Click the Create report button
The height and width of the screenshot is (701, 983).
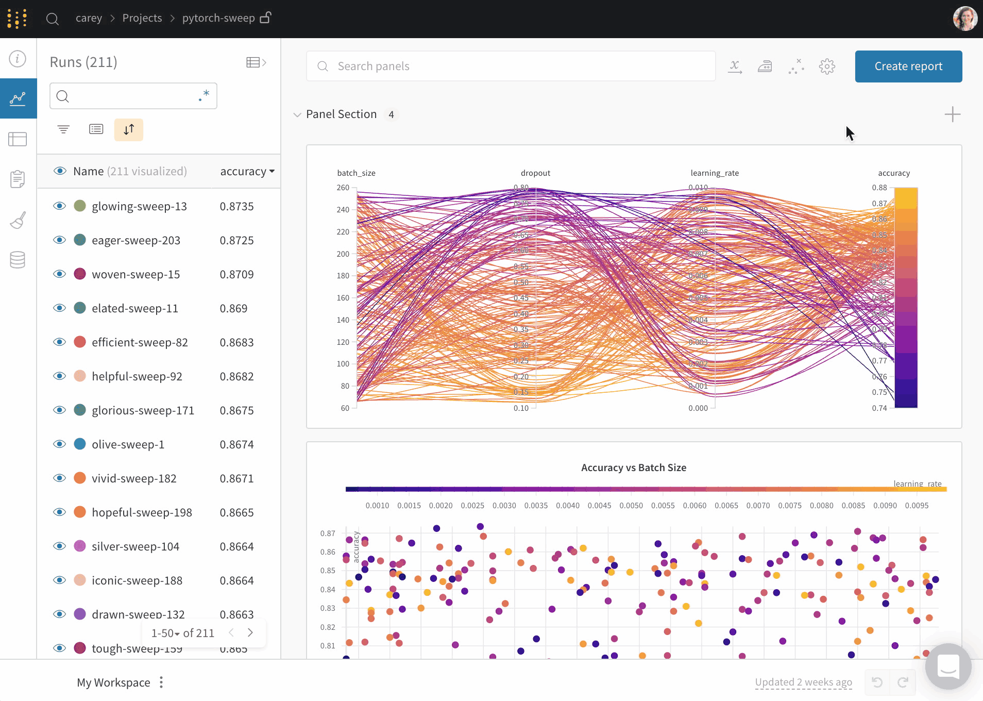pos(908,66)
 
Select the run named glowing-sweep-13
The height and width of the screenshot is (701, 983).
pos(139,207)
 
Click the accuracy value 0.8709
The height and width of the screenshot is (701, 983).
pos(236,275)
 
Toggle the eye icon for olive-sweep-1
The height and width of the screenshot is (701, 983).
pos(60,444)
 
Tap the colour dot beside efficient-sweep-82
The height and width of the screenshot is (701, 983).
pos(80,342)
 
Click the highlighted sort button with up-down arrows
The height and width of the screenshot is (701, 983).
pos(129,129)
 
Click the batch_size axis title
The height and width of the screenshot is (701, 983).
pos(356,173)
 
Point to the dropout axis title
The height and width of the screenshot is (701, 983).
pos(535,173)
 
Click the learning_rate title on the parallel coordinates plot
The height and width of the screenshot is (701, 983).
pos(715,173)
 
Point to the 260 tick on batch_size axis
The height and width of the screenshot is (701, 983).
pos(343,188)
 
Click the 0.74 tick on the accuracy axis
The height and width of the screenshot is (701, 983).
pos(879,408)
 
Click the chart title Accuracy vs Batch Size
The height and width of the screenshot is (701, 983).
pos(634,468)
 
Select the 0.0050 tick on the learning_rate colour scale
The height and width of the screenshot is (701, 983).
pos(631,506)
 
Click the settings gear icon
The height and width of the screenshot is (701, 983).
pos(827,66)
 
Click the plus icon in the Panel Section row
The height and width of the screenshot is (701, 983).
pos(952,114)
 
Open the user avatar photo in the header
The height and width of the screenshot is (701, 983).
pos(965,19)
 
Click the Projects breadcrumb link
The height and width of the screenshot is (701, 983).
pos(142,19)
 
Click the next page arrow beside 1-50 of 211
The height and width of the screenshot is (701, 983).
pos(250,633)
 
